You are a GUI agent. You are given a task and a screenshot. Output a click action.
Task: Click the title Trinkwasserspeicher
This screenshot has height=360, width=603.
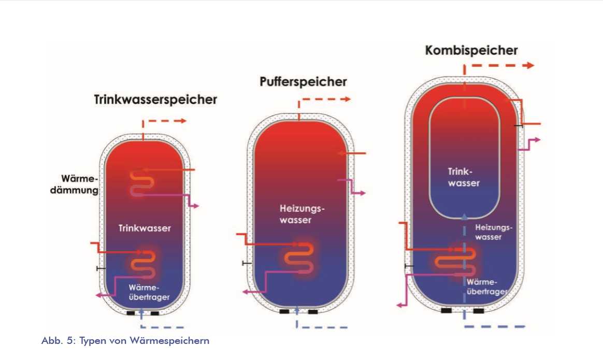155,99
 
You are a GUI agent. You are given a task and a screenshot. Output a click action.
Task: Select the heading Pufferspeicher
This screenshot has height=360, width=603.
303,82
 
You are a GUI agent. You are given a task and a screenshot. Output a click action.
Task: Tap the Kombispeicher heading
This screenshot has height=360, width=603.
471,50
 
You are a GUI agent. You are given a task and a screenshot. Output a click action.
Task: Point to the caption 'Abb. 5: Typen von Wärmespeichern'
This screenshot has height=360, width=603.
125,341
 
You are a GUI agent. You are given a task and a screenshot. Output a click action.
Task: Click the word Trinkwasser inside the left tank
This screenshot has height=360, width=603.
145,228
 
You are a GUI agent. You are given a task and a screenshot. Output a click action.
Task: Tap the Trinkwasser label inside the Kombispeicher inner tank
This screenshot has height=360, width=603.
464,177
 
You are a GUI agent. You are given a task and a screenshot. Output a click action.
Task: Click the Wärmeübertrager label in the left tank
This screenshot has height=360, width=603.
149,292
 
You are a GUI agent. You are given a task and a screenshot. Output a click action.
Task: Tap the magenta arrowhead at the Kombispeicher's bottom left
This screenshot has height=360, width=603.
400,305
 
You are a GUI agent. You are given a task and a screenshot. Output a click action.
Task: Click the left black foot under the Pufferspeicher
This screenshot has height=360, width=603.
284,312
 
